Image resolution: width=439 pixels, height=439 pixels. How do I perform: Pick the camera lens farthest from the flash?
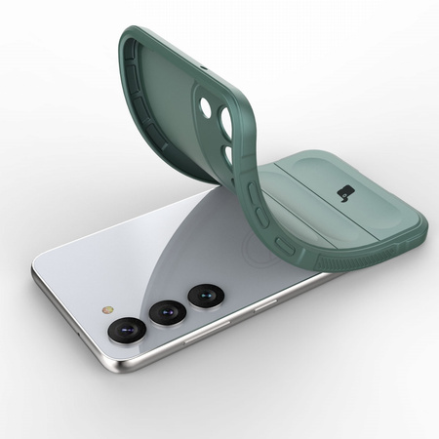(206, 295)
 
